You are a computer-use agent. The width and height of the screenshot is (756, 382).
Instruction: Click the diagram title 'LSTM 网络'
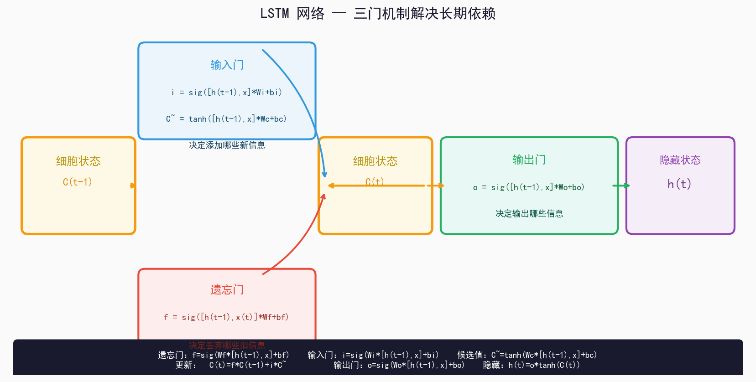292,14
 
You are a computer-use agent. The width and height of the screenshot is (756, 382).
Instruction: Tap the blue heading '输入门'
227,65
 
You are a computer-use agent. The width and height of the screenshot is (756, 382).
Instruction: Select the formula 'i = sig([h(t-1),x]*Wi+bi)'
227,93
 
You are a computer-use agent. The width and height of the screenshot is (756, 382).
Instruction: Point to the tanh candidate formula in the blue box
226,119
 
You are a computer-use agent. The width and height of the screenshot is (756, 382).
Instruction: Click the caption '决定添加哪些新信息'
227,145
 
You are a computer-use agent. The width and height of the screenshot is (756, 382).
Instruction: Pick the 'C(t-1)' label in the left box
78,182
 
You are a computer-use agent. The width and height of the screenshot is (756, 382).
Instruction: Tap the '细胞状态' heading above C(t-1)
78,161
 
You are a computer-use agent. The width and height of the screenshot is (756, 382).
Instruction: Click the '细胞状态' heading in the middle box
375,161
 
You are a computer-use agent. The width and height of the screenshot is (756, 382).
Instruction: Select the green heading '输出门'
529,160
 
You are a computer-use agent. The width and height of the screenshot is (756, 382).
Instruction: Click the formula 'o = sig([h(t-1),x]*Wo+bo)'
529,187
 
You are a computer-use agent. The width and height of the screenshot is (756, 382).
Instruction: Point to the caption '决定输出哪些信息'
529,214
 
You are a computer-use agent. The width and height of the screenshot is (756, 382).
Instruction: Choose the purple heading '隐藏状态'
680,160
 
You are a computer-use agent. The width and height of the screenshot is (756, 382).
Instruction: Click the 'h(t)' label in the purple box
679,184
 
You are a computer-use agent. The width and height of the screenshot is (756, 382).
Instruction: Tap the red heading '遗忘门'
227,290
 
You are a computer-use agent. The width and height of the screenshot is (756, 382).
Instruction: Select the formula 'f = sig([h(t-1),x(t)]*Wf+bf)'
226,317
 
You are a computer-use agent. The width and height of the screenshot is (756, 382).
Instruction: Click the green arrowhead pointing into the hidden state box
626,186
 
